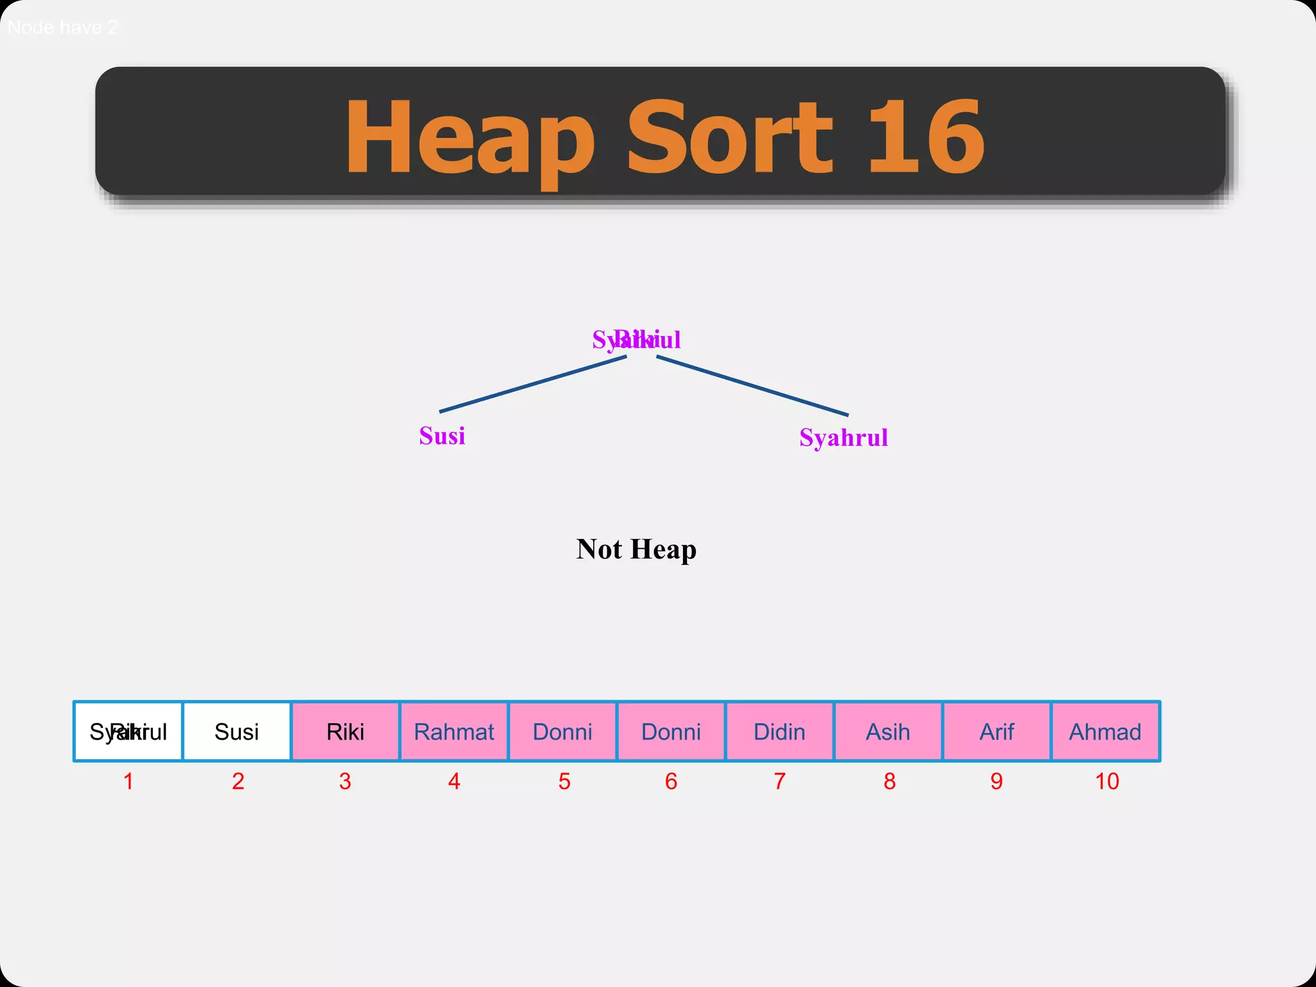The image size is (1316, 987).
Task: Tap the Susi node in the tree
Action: click(442, 436)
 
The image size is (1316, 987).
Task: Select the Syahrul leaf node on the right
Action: click(843, 438)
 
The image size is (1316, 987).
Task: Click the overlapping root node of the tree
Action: click(636, 339)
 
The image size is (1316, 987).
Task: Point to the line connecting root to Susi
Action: click(533, 384)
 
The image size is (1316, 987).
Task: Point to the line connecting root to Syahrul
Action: click(752, 386)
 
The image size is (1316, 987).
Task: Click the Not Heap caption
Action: click(636, 549)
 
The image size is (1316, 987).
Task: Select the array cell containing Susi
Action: click(236, 731)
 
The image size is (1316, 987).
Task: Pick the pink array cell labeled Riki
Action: click(345, 731)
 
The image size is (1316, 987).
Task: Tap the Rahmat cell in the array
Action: click(454, 731)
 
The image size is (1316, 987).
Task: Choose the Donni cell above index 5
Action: click(562, 731)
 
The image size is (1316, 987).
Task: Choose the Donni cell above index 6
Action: click(671, 731)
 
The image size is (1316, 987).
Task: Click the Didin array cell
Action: click(779, 731)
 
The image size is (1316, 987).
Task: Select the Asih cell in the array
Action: click(888, 731)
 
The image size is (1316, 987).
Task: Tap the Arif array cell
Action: click(997, 731)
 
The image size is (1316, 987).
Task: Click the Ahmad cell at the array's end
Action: click(1105, 731)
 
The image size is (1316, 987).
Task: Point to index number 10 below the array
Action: click(1107, 781)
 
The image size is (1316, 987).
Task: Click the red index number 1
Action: click(129, 781)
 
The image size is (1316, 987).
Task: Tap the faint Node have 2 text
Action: click(62, 28)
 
